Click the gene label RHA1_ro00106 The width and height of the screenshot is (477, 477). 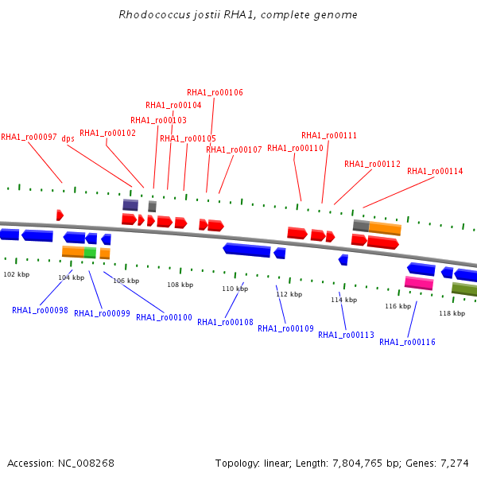215,92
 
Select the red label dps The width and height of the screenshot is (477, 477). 68,138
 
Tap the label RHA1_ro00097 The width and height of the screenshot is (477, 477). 29,138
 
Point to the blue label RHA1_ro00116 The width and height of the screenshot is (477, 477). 407,342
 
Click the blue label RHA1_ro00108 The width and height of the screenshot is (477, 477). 226,322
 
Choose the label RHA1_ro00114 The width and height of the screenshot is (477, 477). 435,171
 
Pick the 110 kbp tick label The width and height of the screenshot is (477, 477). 235,289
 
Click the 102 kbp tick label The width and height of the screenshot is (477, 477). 17,274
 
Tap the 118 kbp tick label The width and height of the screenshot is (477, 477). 452,313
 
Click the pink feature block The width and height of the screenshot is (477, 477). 419,283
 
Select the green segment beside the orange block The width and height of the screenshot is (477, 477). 90,253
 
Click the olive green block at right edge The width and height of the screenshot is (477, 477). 464,289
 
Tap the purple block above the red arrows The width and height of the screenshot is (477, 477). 130,205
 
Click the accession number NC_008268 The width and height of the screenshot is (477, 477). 86,463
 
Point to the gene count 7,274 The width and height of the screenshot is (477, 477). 455,463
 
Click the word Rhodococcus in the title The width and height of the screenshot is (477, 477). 154,14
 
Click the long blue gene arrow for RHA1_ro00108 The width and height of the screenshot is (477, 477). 246,250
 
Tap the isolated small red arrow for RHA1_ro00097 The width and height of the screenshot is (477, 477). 60,215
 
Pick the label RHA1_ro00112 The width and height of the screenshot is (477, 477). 372,165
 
